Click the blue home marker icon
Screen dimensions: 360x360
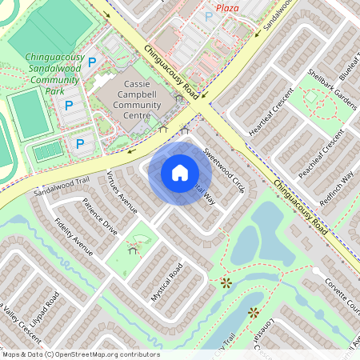180,173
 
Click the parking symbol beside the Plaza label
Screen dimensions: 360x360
209,17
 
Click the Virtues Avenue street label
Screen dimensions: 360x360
122,193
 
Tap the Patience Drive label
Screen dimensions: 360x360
100,218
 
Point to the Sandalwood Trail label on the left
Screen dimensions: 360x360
60,189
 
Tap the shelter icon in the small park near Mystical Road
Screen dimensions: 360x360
134,249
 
